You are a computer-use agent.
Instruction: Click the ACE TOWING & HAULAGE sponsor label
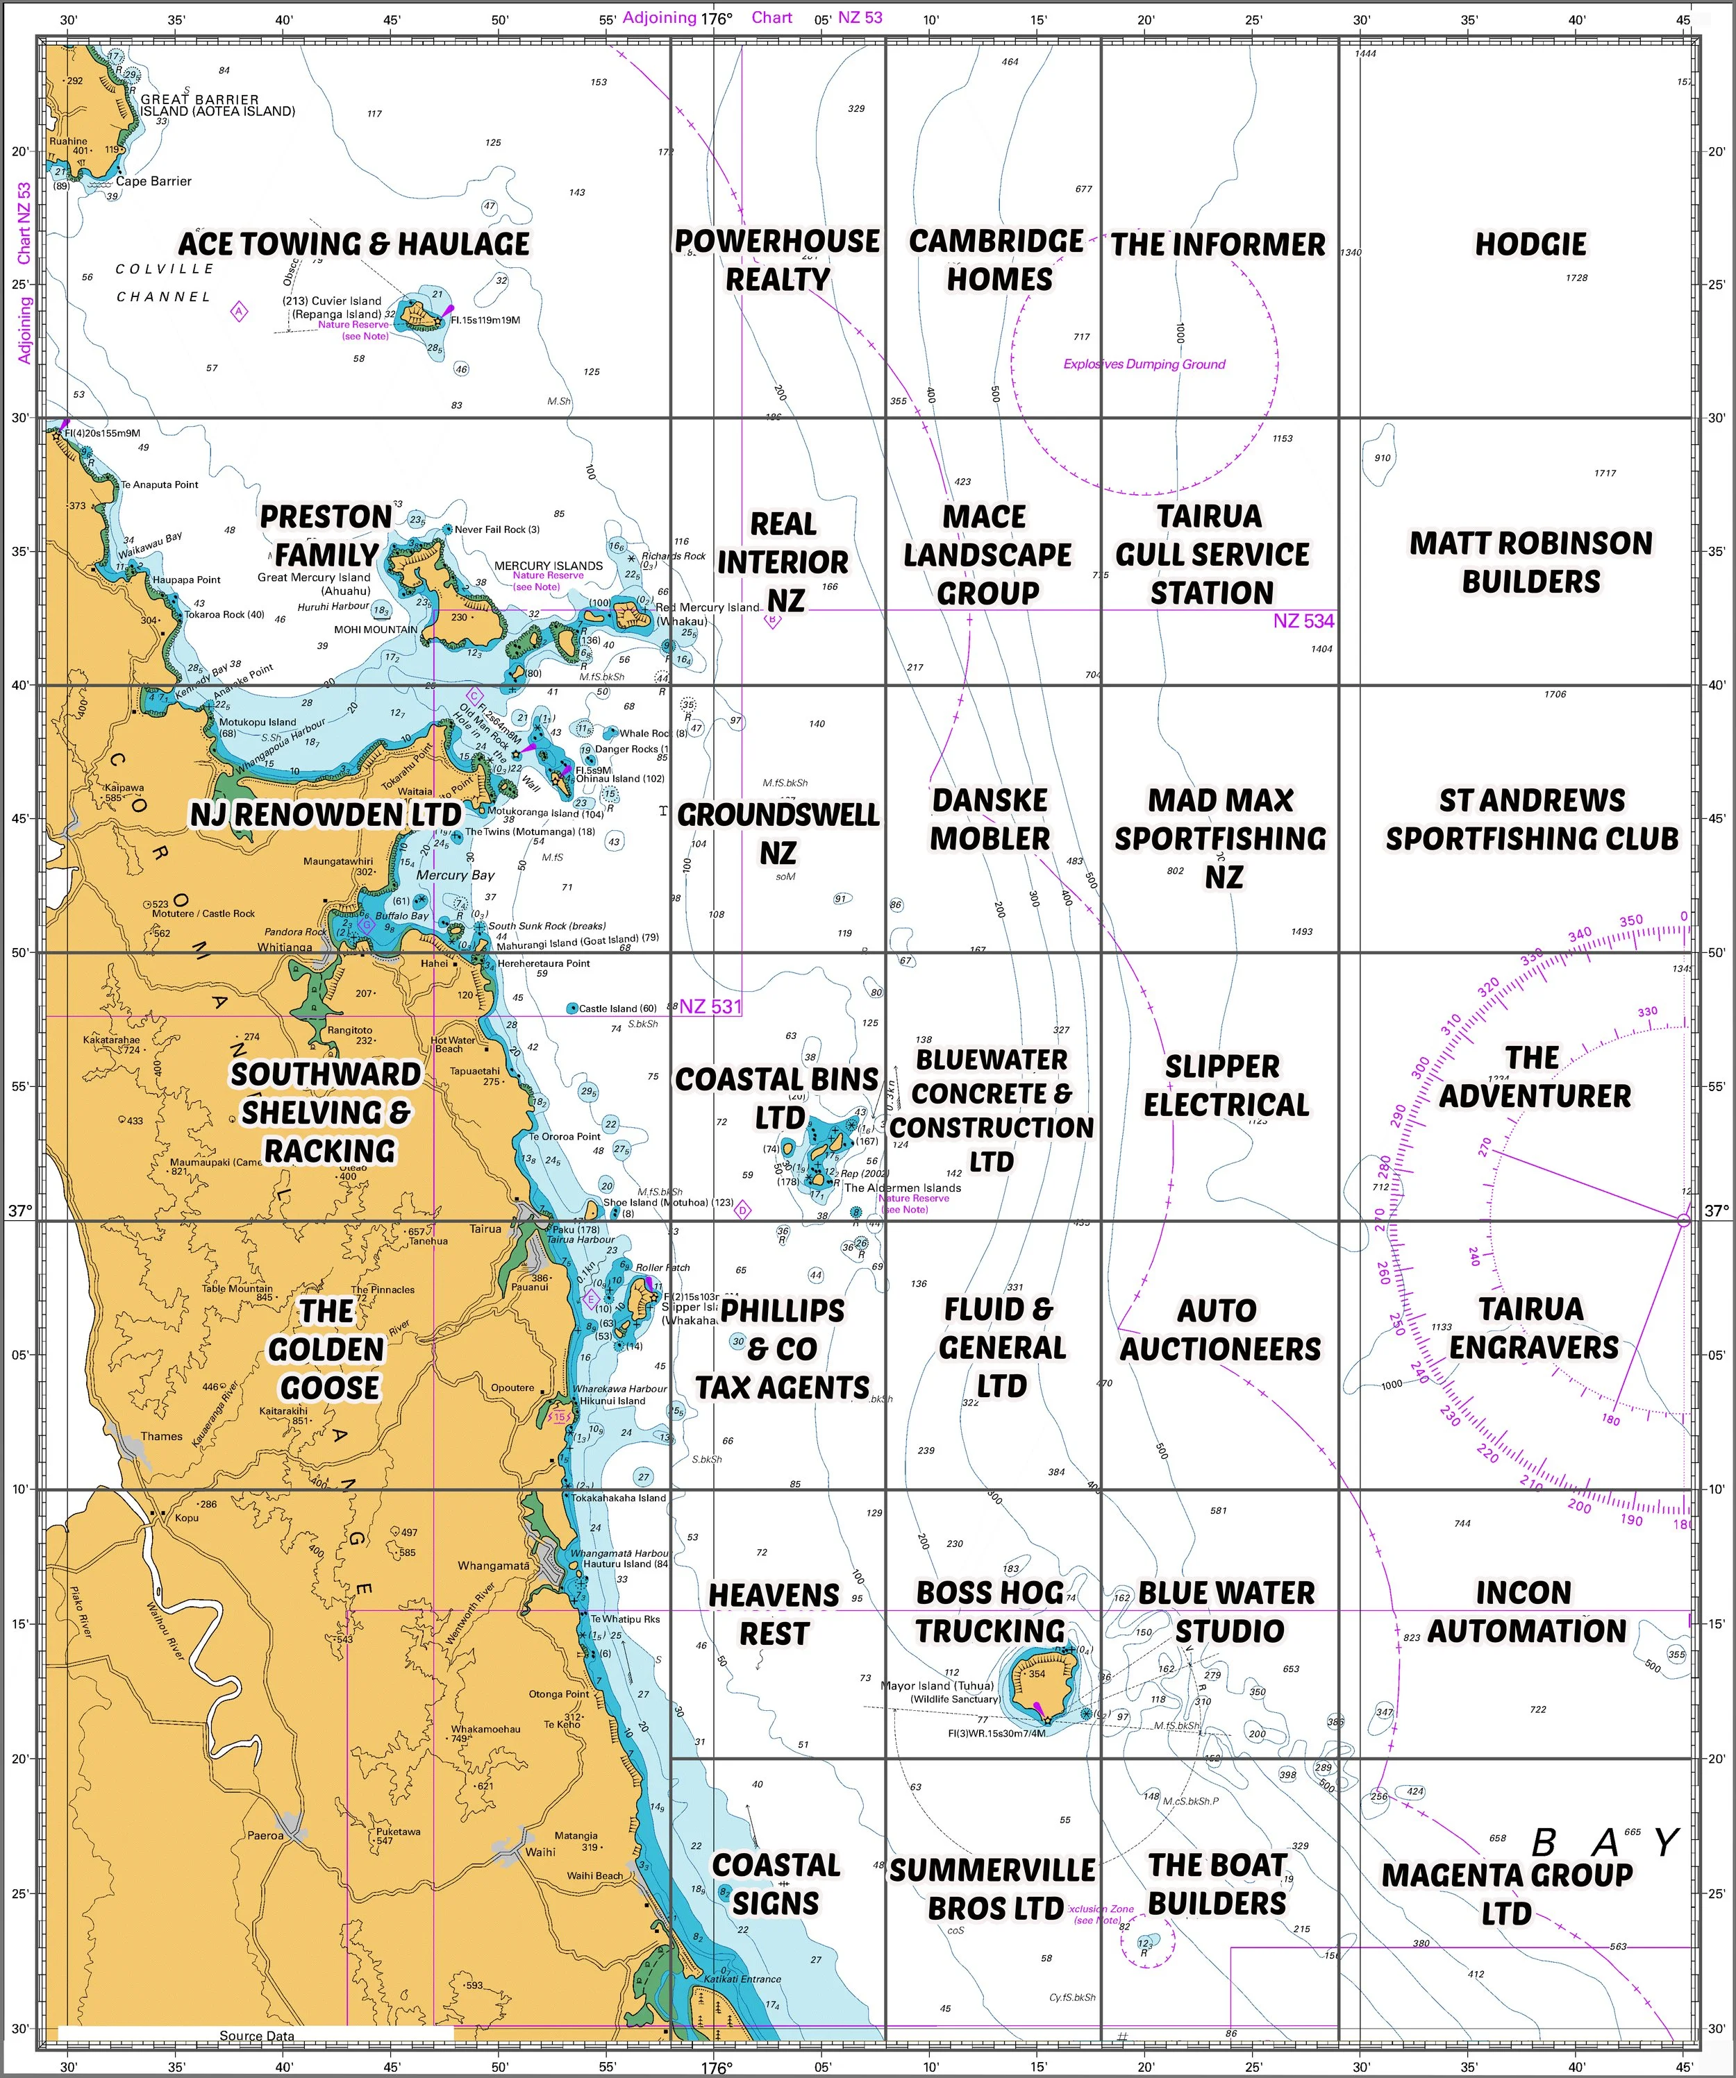(x=353, y=244)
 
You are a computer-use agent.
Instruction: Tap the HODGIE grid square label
(x=1530, y=244)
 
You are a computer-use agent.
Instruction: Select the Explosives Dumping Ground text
(x=1144, y=364)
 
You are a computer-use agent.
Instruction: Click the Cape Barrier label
(x=153, y=181)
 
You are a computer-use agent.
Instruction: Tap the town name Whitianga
(x=285, y=947)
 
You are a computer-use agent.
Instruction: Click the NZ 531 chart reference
(x=710, y=1006)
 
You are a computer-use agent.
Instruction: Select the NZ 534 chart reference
(x=1303, y=620)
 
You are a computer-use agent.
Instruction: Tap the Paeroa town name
(x=265, y=1834)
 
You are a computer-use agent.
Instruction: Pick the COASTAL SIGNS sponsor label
(x=776, y=1884)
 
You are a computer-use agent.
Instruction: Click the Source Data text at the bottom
(x=256, y=2036)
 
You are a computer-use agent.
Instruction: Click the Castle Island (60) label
(x=617, y=1008)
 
